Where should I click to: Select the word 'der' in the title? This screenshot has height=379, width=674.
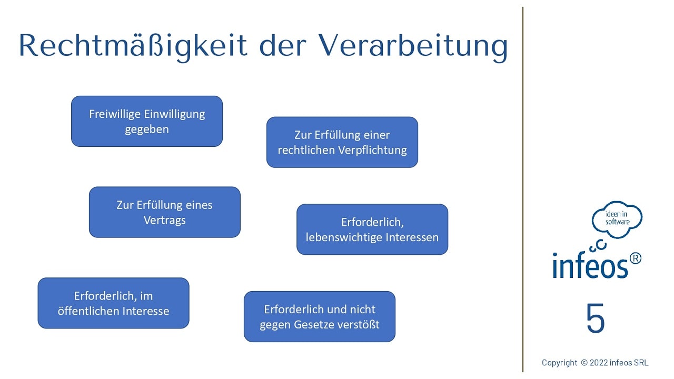[x=283, y=45]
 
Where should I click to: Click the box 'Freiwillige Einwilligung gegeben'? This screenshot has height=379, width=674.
[x=147, y=121]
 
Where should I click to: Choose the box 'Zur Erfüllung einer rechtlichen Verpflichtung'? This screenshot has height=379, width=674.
[x=342, y=142]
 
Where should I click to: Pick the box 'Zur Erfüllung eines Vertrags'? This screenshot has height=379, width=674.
[x=165, y=212]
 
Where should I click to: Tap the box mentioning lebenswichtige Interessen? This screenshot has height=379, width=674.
[x=372, y=230]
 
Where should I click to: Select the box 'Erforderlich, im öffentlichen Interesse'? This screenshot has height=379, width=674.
[x=113, y=303]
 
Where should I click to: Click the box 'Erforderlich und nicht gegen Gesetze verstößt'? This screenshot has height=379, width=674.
[x=320, y=316]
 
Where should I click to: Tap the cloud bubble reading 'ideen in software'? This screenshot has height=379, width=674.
[x=617, y=219]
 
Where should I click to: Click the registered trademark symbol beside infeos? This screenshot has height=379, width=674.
[x=635, y=258]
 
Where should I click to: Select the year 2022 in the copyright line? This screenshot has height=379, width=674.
[x=599, y=363]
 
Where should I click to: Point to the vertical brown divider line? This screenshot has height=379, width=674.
[x=523, y=189]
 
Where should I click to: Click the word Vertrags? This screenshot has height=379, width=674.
[x=165, y=221]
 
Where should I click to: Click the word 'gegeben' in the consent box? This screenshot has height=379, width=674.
[x=147, y=129]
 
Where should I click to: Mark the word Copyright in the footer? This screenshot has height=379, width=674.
[x=559, y=363]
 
